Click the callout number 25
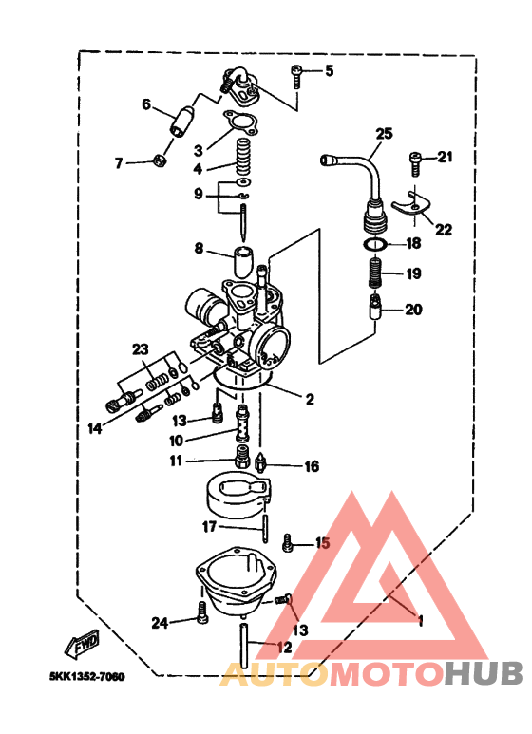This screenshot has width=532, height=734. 383,134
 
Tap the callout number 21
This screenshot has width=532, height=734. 446,158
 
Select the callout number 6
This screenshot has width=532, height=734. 147,104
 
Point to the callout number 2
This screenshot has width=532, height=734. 310,400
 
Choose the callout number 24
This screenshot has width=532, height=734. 160,623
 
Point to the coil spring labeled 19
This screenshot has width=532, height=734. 376,275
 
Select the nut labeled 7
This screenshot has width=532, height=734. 160,161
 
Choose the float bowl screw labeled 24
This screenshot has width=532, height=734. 202,615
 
